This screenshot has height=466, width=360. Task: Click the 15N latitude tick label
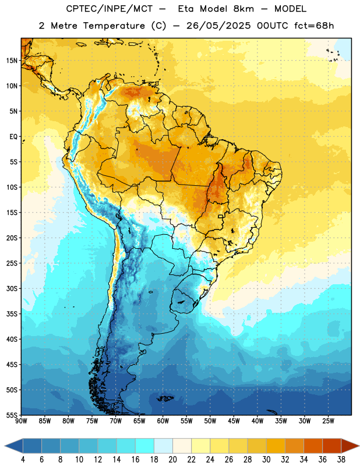click(12, 61)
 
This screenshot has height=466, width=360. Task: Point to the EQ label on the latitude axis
click(13, 137)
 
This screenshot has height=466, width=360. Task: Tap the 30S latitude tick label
click(12, 288)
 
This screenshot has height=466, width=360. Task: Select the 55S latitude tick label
click(12, 415)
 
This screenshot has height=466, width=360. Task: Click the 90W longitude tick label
click(21, 421)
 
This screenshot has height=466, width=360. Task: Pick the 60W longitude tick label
click(163, 421)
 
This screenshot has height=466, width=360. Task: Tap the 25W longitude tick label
click(328, 421)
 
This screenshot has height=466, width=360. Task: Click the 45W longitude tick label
click(234, 421)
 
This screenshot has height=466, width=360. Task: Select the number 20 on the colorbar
click(172, 460)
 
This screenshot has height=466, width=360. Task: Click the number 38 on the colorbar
click(341, 460)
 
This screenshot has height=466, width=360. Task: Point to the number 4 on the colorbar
click(23, 460)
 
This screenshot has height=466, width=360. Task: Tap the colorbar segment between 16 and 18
click(145, 446)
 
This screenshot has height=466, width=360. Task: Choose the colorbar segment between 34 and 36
click(313, 446)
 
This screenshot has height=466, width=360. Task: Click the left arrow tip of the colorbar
click(5, 446)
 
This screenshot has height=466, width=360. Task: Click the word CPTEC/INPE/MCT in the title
click(110, 9)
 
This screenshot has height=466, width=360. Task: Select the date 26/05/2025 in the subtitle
click(218, 26)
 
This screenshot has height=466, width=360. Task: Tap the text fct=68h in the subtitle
click(314, 26)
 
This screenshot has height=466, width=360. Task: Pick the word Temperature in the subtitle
click(114, 26)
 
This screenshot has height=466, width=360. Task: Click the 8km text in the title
click(243, 9)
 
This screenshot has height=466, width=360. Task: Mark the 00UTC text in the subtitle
click(273, 26)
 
